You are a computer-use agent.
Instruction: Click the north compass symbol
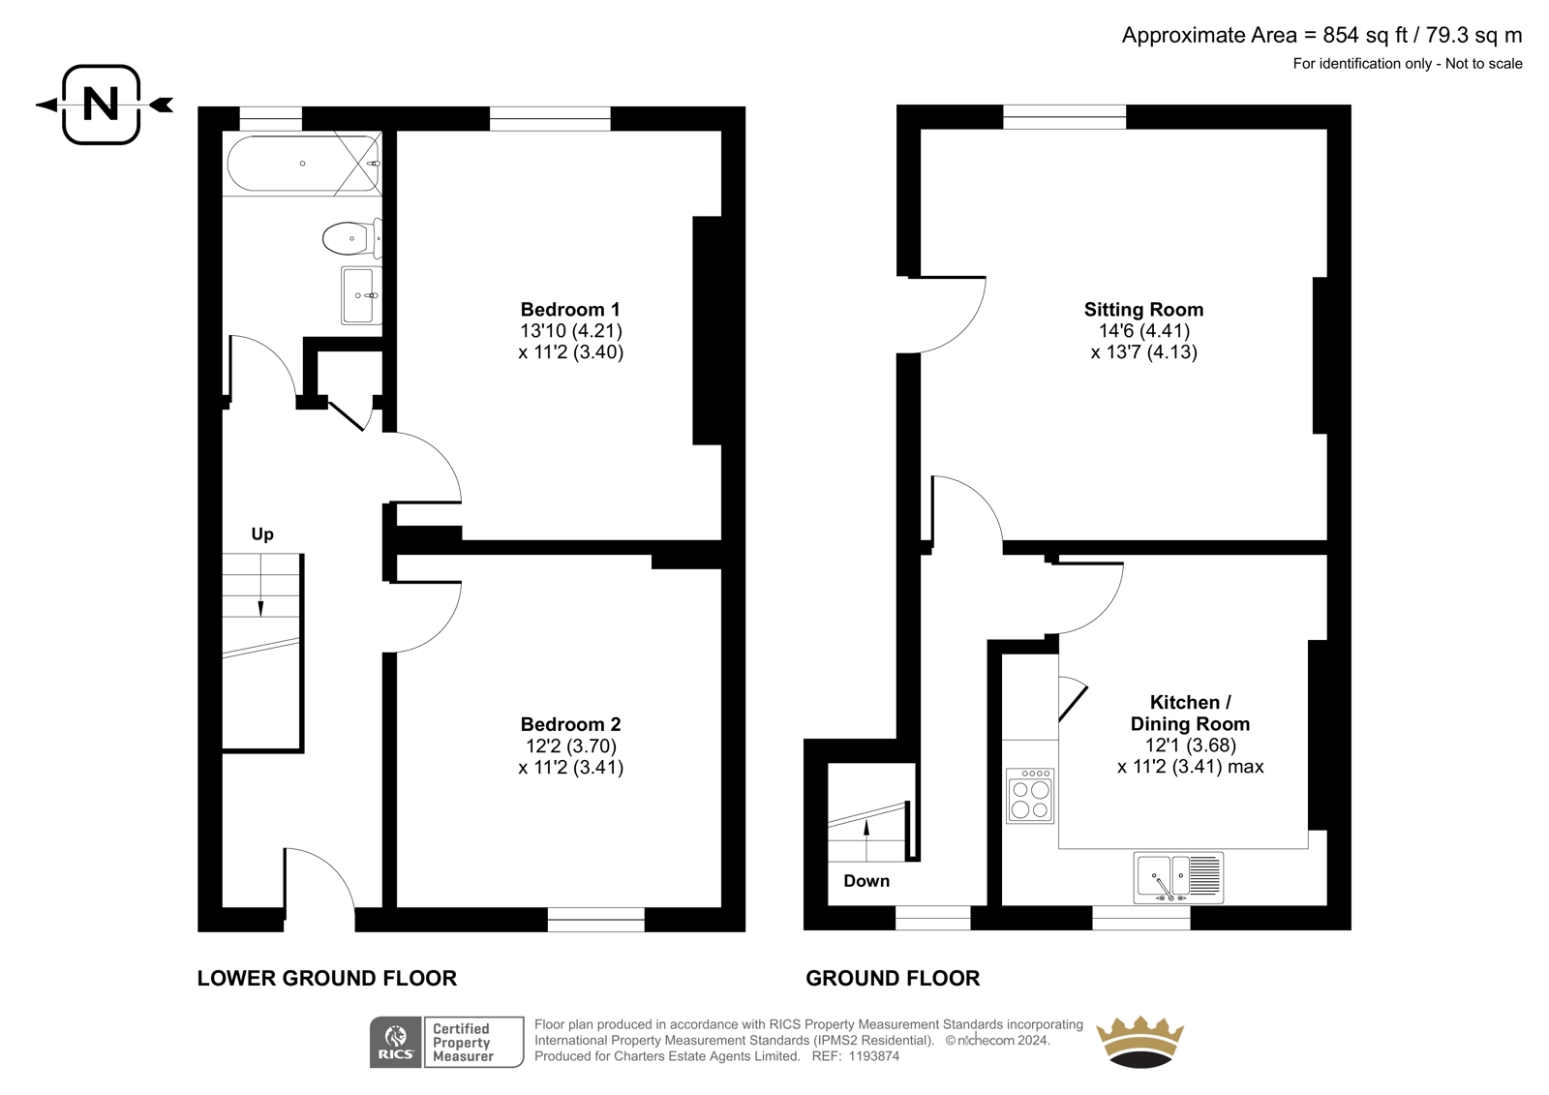pyautogui.click(x=102, y=105)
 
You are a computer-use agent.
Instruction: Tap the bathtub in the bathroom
pyautogui.click(x=304, y=164)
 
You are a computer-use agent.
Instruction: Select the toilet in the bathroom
pyautogui.click(x=352, y=238)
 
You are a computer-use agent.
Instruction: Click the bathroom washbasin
pyautogui.click(x=361, y=295)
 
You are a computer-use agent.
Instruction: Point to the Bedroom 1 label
pyautogui.click(x=570, y=309)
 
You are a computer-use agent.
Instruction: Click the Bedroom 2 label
pyautogui.click(x=570, y=724)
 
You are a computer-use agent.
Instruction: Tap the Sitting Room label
pyautogui.click(x=1143, y=309)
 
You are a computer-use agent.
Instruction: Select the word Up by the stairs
pyautogui.click(x=262, y=534)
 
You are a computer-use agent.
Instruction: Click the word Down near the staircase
pyautogui.click(x=866, y=881)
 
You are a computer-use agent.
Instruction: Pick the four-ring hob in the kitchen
pyautogui.click(x=1030, y=796)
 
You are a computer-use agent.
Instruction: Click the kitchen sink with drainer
pyautogui.click(x=1178, y=878)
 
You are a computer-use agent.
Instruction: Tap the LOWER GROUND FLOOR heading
pyautogui.click(x=327, y=978)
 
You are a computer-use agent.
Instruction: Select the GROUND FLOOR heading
pyautogui.click(x=893, y=978)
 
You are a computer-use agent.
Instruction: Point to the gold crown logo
pyautogui.click(x=1141, y=1041)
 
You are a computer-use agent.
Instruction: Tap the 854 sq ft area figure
pyautogui.click(x=1366, y=35)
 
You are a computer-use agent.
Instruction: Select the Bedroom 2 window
pyautogui.click(x=596, y=920)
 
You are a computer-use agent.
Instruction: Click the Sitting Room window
pyautogui.click(x=1064, y=117)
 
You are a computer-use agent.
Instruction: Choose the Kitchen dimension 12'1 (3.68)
pyautogui.click(x=1190, y=745)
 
